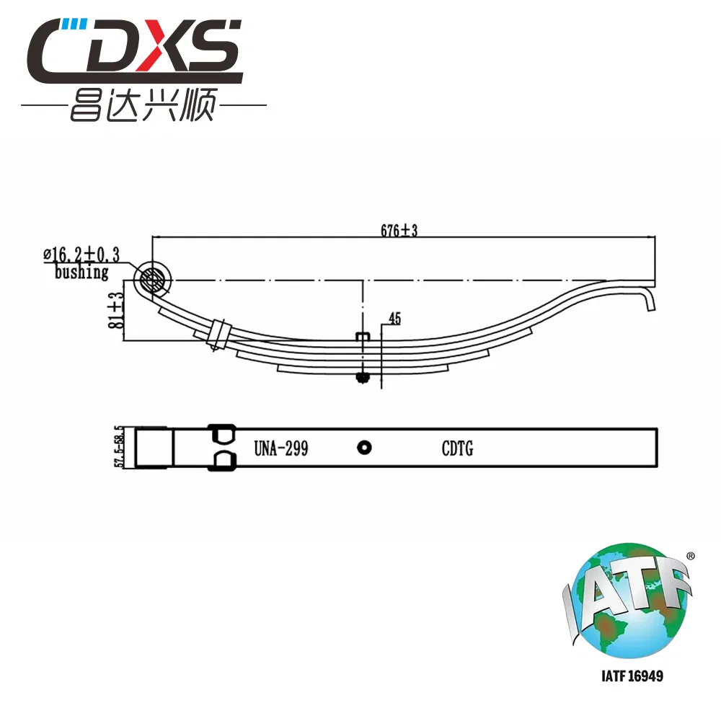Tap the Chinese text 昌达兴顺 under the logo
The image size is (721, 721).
click(143, 105)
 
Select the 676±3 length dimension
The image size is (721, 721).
click(399, 230)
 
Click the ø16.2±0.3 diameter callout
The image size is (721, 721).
click(81, 255)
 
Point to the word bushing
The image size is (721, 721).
click(81, 272)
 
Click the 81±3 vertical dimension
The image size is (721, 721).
click(116, 310)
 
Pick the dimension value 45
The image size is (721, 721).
click(394, 318)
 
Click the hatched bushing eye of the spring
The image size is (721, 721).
click(152, 278)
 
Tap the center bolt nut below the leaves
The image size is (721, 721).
click(363, 378)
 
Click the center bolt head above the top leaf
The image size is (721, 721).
click(363, 336)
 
